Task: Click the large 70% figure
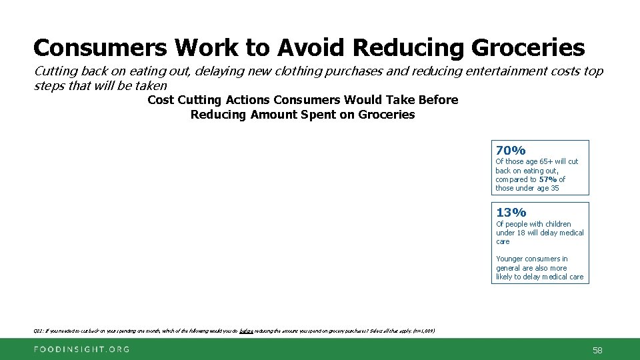[511, 150]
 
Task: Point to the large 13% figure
[511, 213]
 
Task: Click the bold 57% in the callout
[549, 179]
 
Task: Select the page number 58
[597, 349]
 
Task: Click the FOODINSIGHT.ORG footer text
[73, 349]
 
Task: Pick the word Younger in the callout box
[511, 259]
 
